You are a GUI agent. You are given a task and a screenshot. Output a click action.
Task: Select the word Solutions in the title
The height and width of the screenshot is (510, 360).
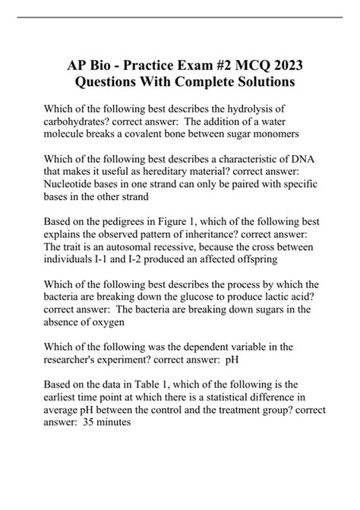coord(258,81)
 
